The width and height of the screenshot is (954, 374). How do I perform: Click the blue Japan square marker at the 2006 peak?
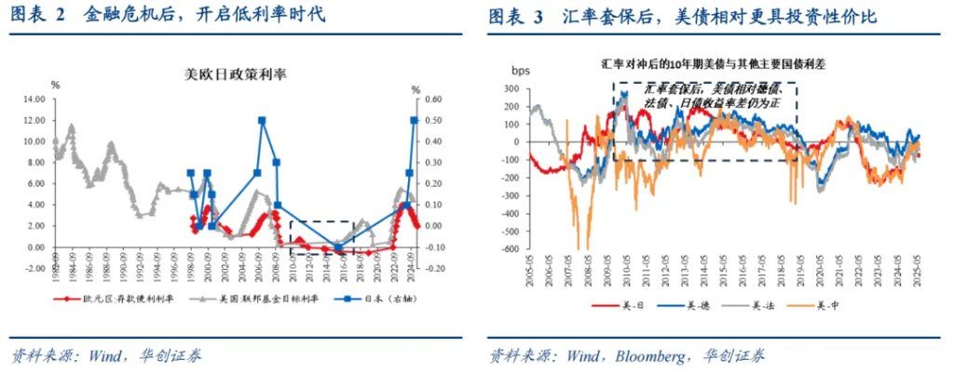click(x=262, y=120)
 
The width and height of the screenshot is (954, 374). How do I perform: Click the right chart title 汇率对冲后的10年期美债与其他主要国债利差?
click(x=712, y=65)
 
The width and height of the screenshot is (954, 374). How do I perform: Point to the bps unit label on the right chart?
click(x=522, y=70)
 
